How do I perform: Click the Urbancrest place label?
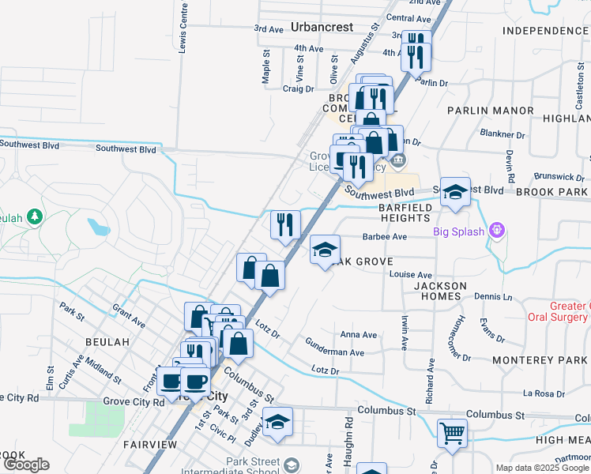coord(322,27)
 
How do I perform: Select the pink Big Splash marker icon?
coord(496,231)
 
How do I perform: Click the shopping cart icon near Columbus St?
coord(452,433)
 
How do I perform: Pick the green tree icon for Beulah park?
coord(34,216)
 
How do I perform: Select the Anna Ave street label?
coord(358,335)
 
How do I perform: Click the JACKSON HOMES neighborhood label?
coord(433,290)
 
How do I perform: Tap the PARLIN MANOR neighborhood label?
coord(490,111)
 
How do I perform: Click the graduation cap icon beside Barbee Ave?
coord(325,250)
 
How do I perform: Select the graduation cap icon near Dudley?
coord(277,423)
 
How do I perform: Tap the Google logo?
coord(26,465)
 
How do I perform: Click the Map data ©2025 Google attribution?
coord(542,468)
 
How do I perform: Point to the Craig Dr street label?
coord(298,89)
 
